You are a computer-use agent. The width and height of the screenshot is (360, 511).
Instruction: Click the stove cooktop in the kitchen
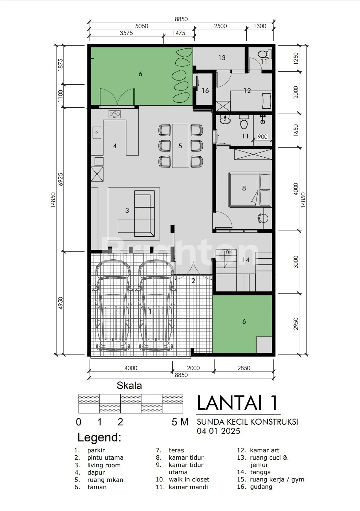(115, 114)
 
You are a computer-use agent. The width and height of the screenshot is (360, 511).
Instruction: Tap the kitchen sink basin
(97, 132)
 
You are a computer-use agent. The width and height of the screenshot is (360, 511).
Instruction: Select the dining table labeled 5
(180, 146)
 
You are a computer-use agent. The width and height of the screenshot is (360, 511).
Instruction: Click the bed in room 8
(250, 189)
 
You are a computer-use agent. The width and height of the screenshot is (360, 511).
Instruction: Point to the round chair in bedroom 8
(263, 218)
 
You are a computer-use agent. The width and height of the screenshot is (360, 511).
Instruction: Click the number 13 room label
(222, 58)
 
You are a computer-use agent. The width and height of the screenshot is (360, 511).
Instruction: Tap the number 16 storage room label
(205, 91)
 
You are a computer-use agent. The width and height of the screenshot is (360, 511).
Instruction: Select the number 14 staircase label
(246, 260)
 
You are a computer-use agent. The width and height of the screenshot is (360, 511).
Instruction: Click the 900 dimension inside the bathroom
(262, 137)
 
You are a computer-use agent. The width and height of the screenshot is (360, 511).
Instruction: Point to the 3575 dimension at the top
(126, 33)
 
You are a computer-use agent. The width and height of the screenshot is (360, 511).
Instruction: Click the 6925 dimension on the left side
(60, 179)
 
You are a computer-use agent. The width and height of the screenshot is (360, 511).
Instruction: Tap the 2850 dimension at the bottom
(244, 368)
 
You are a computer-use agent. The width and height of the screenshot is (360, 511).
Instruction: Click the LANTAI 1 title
(238, 403)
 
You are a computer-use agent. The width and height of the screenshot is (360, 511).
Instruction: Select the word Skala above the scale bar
(129, 385)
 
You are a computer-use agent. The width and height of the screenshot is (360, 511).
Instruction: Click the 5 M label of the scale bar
(180, 422)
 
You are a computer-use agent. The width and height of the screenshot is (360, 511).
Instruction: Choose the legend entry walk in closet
(189, 479)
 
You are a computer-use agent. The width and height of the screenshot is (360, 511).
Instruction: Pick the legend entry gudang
(261, 487)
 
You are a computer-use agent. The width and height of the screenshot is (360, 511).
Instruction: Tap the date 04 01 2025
(219, 431)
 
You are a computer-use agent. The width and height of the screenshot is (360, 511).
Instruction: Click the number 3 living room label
(127, 210)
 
